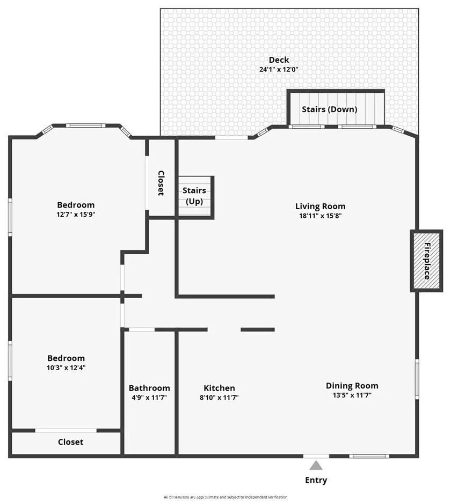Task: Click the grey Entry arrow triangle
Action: [316, 465]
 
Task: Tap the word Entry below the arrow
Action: [316, 480]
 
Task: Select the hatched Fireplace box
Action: [427, 261]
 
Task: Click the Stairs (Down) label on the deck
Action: [330, 109]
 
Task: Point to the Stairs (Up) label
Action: [194, 196]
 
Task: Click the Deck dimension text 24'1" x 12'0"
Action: [279, 69]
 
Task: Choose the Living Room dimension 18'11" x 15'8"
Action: [320, 216]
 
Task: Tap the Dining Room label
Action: [352, 386]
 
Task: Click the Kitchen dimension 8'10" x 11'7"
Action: [219, 397]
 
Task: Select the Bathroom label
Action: [149, 388]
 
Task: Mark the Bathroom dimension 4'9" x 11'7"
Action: [149, 397]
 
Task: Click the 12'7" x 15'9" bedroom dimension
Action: [76, 215]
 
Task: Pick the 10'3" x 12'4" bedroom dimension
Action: [66, 368]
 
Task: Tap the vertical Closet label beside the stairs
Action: [161, 183]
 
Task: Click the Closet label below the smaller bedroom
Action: [71, 442]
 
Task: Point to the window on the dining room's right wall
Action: [417, 379]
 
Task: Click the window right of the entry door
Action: [369, 456]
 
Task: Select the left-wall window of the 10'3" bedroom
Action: [10, 361]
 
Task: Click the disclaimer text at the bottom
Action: [225, 497]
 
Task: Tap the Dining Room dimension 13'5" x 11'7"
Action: [352, 395]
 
